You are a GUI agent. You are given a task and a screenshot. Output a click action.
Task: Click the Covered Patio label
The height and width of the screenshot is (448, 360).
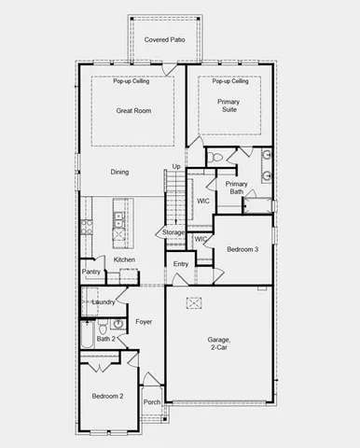click(165, 39)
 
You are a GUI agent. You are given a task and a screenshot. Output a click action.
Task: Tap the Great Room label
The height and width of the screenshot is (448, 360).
click(133, 111)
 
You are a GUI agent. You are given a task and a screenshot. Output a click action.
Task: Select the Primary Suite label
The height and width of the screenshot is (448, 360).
click(228, 106)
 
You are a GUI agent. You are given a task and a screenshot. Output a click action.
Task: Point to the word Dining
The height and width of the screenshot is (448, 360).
click(119, 172)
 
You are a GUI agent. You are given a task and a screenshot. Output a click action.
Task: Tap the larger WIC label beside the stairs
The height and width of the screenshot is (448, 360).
click(202, 202)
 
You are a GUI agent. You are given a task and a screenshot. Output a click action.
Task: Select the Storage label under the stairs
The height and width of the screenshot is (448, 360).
click(173, 232)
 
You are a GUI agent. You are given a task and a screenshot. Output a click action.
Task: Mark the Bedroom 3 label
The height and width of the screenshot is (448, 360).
click(242, 248)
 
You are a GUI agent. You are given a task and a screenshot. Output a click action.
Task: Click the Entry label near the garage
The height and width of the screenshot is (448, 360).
click(181, 265)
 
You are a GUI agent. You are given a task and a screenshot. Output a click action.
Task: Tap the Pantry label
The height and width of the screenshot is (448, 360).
click(90, 272)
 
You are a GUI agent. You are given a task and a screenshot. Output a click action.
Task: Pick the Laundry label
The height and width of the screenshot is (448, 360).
click(103, 301)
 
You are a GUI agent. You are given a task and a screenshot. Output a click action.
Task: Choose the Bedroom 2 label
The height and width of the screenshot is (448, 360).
click(107, 397)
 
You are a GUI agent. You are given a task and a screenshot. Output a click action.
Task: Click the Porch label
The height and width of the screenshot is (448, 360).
click(151, 402)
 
